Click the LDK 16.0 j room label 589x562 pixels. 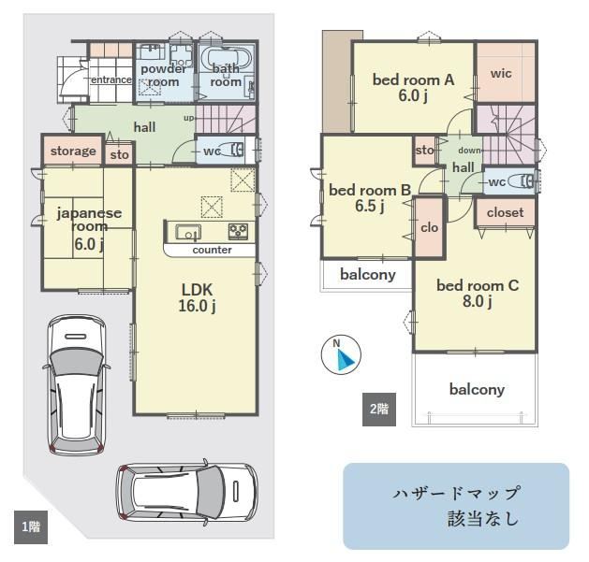click(198, 298)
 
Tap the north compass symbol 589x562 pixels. click(341, 355)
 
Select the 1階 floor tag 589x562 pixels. click(31, 527)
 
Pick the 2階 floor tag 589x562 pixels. click(379, 410)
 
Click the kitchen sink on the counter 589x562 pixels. click(188, 233)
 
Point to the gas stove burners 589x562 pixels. click(238, 232)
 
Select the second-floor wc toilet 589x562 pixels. click(521, 181)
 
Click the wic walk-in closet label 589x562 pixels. click(501, 74)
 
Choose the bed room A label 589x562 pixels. click(413, 79)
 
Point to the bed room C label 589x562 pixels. click(478, 286)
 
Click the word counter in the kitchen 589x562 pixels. click(212, 250)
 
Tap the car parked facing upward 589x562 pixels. click(77, 385)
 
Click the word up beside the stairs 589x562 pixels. click(188, 118)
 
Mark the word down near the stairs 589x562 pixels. click(469, 151)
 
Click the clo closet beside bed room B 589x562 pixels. click(430, 227)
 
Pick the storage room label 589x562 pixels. click(73, 151)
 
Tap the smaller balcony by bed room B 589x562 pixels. click(367, 275)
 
